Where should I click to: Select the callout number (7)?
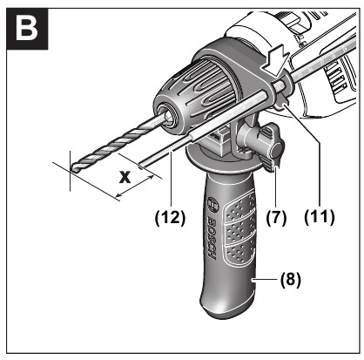[x=276, y=218]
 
